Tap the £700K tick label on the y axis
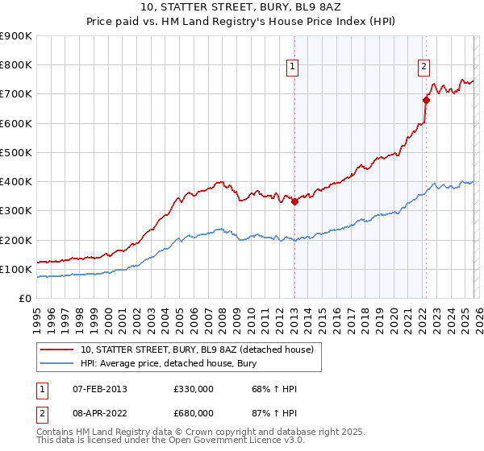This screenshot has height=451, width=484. pyautogui.click(x=16, y=94)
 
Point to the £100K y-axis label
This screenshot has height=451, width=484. pyautogui.click(x=16, y=269)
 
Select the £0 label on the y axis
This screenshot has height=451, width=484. pyautogui.click(x=26, y=299)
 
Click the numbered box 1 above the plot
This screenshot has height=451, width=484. pyautogui.click(x=292, y=68)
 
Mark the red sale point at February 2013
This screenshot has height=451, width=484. pyautogui.click(x=294, y=202)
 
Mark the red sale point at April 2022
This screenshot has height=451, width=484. pyautogui.click(x=425, y=100)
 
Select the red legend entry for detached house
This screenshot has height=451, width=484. pyautogui.click(x=202, y=350)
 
